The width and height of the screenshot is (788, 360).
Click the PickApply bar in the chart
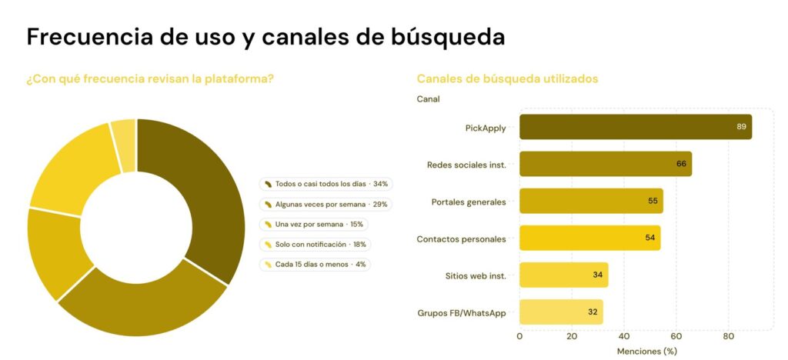tap(636, 126)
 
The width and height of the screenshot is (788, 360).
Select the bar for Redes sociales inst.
tap(606, 164)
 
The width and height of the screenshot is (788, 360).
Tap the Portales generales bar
tap(592, 201)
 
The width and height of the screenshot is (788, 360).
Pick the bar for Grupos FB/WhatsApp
tap(561, 312)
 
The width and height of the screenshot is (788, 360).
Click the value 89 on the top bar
tap(741, 126)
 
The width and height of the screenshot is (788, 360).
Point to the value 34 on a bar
tap(597, 275)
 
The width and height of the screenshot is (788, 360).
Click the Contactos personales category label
tap(462, 239)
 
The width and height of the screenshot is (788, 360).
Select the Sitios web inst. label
tap(476, 275)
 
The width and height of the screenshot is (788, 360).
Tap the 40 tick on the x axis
tap(624, 336)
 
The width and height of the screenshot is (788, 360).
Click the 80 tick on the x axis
tap(728, 336)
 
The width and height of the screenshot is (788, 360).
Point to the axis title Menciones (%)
tap(646, 352)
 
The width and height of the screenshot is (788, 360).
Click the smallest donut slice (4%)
tap(124, 145)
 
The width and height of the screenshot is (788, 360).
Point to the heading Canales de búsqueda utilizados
tap(508, 78)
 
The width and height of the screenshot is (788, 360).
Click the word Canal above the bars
tap(428, 99)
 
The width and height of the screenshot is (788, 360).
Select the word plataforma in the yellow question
tap(243, 78)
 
